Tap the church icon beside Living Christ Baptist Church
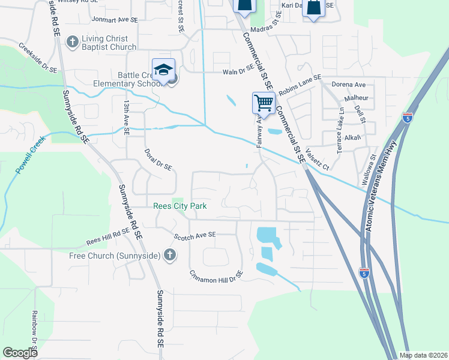pos(73,41)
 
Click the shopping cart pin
pos(264,103)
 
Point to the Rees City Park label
pos(180,206)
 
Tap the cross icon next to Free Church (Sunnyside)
pos(170,256)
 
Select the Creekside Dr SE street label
pos(37,57)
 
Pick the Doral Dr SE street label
pos(159,159)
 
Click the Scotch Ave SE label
pos(193,236)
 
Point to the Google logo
pos(20,353)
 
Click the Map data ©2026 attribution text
pos(423,355)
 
